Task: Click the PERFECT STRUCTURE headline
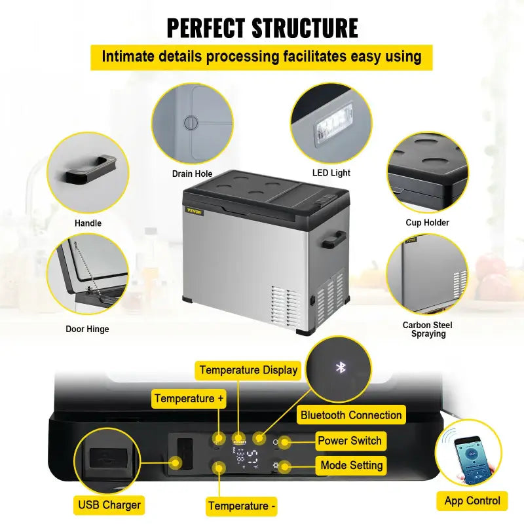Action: click(262, 28)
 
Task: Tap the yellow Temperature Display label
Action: click(248, 370)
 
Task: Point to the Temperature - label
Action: click(242, 506)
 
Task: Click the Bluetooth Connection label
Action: click(351, 415)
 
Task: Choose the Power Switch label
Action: click(350, 441)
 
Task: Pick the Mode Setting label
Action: click(351, 466)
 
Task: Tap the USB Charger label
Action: click(109, 505)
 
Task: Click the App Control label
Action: click(472, 501)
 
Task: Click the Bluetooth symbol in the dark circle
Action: click(340, 367)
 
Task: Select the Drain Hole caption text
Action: click(192, 174)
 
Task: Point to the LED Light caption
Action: click(331, 173)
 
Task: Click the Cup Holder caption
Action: click(427, 223)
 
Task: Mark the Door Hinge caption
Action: click(87, 329)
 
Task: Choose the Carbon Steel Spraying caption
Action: click(427, 329)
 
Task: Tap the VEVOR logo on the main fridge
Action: click(195, 212)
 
